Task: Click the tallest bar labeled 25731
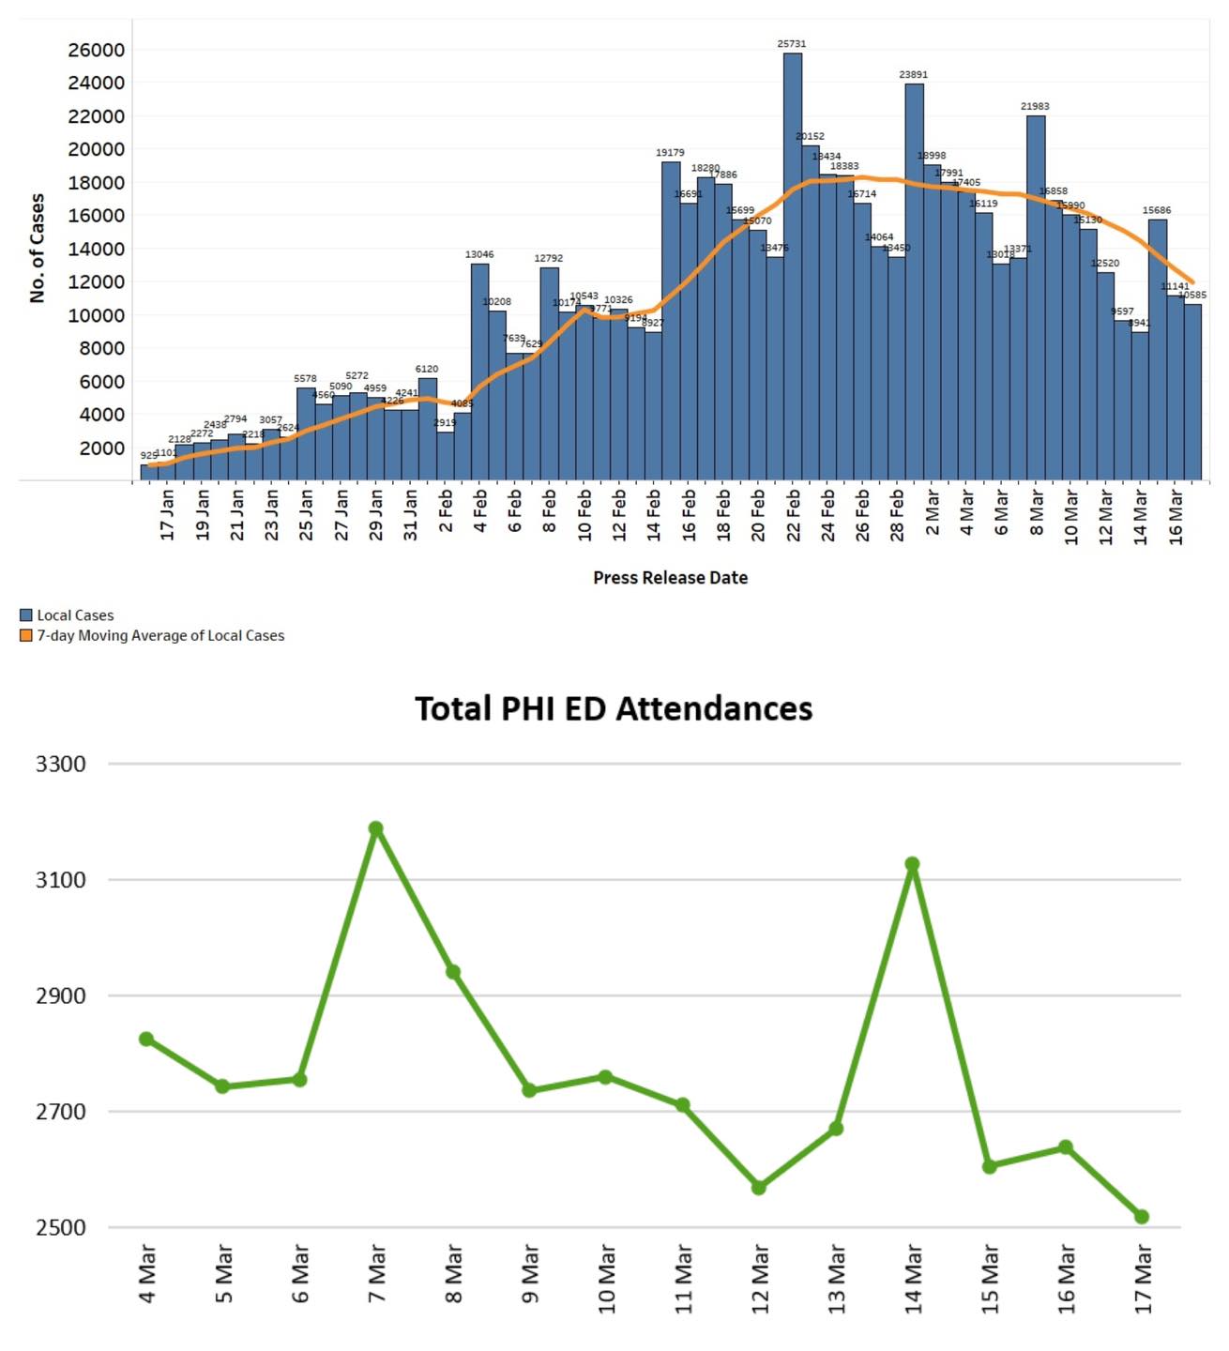tap(793, 267)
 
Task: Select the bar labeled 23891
tap(914, 281)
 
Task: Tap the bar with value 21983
tap(1036, 297)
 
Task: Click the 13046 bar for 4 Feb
tap(479, 372)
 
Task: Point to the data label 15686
tap(1157, 210)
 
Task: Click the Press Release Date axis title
tap(670, 578)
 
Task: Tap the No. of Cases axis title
tap(38, 248)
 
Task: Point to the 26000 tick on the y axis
tap(96, 51)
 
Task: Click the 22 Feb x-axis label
tap(794, 514)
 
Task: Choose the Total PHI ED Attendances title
tap(614, 708)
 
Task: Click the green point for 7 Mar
tap(376, 828)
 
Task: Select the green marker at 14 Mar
tap(912, 864)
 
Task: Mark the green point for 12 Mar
tap(759, 1188)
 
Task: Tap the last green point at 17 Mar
tap(1142, 1217)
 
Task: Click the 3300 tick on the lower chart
tap(61, 765)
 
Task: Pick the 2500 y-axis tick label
tap(61, 1228)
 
